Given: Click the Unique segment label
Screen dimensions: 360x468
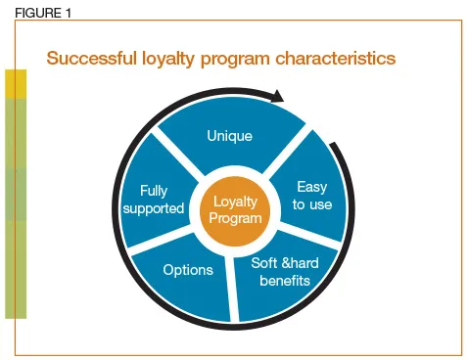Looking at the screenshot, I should (x=230, y=136).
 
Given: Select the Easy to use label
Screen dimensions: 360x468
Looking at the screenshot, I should (x=312, y=196).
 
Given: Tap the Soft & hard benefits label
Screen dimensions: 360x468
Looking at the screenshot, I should (x=283, y=272).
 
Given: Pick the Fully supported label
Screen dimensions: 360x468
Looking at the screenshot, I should (x=155, y=200).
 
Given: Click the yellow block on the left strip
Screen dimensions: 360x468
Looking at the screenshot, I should (x=16, y=85).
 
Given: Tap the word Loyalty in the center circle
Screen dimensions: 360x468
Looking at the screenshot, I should (x=236, y=202).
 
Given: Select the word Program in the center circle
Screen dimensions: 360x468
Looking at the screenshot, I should (x=236, y=219).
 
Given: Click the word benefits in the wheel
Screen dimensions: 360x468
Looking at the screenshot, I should (x=284, y=281).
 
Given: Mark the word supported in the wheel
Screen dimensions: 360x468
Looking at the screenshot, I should (x=155, y=208).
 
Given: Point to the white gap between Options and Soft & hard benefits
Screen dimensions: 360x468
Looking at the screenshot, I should (x=232, y=285).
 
